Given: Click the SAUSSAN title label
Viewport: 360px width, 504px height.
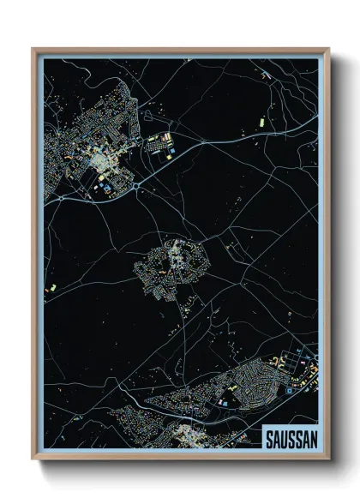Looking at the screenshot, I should pos(290,437).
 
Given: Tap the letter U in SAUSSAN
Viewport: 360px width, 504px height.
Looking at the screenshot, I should pos(281,437).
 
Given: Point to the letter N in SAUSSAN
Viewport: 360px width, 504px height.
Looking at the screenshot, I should pos(312,437).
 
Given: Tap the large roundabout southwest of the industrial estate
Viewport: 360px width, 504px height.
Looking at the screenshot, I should pos(136,184).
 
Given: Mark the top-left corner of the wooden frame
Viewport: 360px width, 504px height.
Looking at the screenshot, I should pos(33,49).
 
